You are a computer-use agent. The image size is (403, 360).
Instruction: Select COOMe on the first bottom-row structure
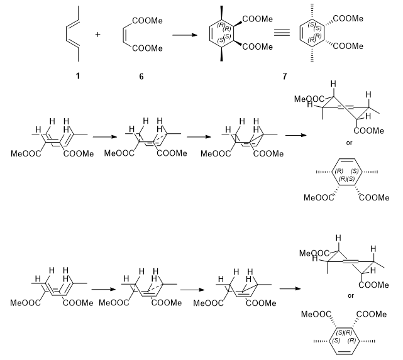tap(79, 303)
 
